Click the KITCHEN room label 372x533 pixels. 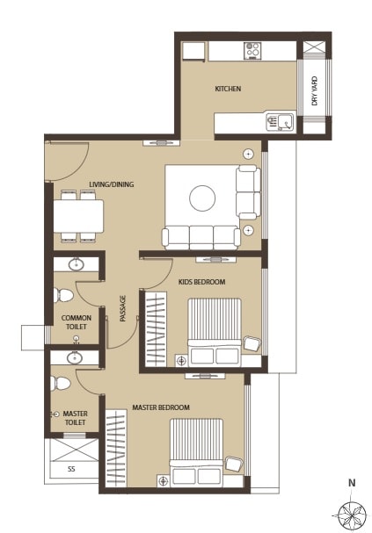(x=228, y=89)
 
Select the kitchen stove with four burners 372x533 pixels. (x=252, y=51)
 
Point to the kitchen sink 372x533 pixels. (x=281, y=122)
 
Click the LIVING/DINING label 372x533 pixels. (x=110, y=184)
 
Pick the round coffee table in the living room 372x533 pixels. (x=202, y=198)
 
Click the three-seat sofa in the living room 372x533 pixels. (x=201, y=236)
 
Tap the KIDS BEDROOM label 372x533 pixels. (x=201, y=282)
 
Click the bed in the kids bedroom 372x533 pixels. (x=215, y=330)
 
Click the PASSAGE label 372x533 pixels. (x=122, y=308)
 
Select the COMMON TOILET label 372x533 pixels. (x=76, y=322)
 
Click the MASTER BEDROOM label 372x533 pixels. (x=160, y=407)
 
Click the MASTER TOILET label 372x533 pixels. (x=75, y=418)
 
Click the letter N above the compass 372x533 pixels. (x=351, y=483)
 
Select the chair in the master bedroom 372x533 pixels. (x=234, y=464)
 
